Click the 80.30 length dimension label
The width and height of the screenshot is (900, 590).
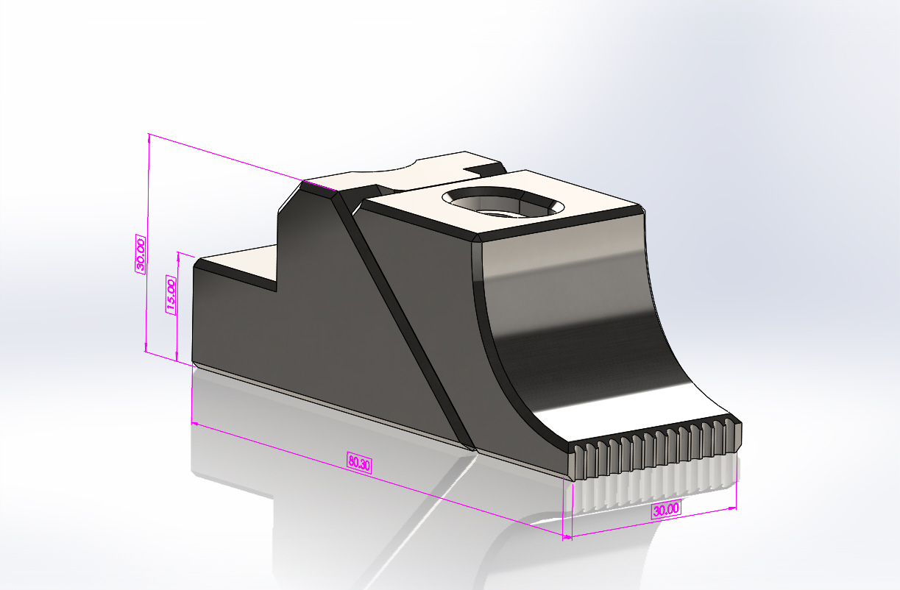coord(359,462)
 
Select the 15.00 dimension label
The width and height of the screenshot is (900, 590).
coord(171,295)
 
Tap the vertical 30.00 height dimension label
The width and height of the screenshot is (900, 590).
coord(141,255)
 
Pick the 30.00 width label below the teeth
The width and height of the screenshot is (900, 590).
coord(666,510)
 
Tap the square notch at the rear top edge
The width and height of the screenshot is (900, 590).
coord(484,168)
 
